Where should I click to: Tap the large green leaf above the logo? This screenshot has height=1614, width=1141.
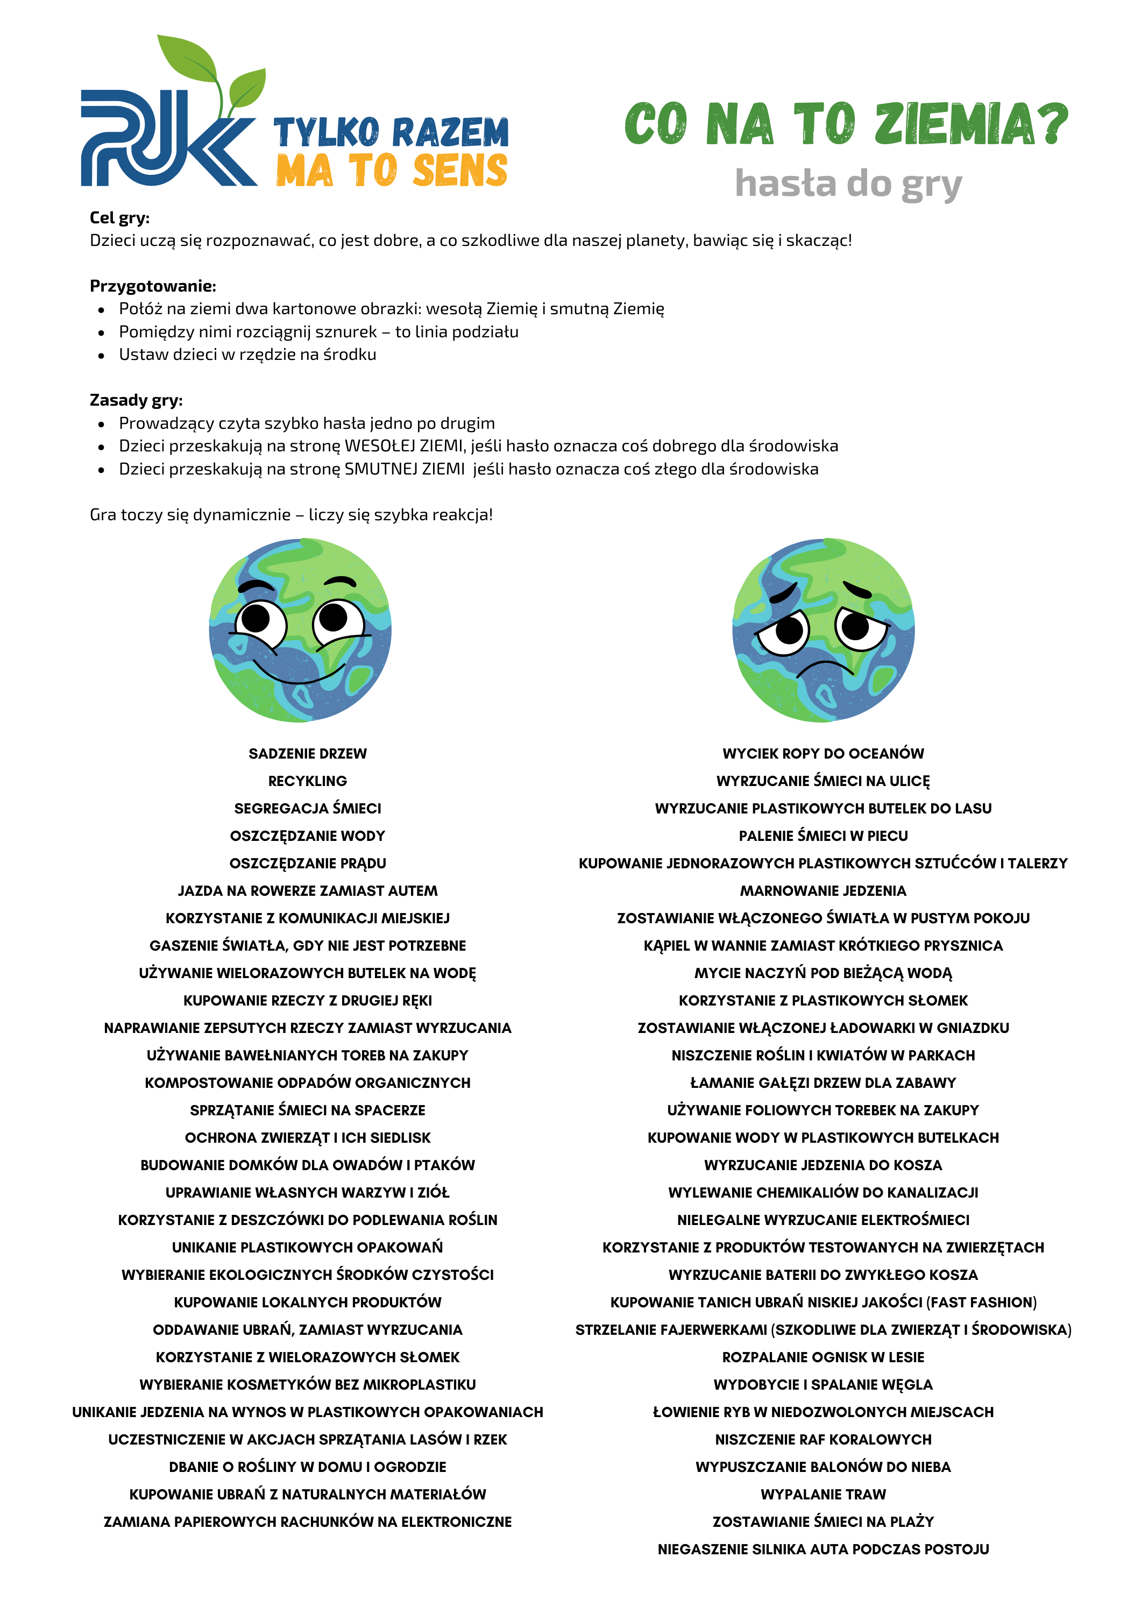[186, 60]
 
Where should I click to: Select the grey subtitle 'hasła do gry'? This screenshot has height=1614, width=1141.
[848, 183]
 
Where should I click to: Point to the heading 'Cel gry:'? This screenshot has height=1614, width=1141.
[119, 218]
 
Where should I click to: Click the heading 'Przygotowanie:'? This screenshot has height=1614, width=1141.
[153, 286]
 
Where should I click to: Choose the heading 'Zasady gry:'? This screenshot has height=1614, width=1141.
[136, 400]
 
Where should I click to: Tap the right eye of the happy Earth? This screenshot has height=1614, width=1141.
[337, 620]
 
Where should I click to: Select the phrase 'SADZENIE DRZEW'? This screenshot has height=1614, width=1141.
[307, 754]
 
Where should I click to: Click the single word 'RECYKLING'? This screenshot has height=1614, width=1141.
[307, 781]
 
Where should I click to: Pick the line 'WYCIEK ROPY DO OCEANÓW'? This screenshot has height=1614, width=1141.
[823, 754]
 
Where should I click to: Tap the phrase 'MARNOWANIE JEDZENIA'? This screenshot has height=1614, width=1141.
[823, 890]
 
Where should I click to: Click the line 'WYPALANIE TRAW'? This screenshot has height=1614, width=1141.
[823, 1494]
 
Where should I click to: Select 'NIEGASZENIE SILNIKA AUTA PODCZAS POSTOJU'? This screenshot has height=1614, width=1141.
[823, 1548]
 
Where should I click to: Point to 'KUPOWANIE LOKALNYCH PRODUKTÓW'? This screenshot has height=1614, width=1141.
[307, 1302]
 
